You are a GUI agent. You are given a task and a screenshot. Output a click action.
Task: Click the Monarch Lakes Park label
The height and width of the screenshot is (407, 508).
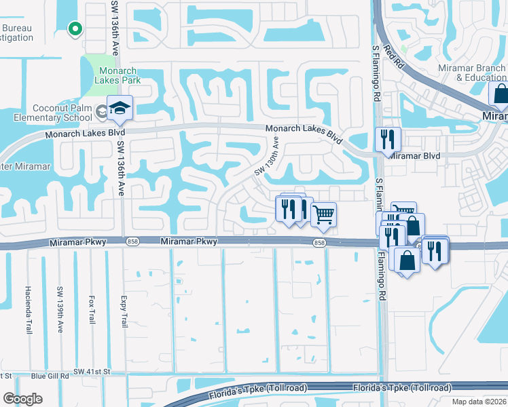pos(118,75)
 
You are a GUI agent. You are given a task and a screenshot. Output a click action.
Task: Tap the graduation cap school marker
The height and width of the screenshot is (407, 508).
pos(120,109)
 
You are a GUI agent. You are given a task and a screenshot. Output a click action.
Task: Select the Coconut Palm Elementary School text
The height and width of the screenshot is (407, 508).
pos(61,113)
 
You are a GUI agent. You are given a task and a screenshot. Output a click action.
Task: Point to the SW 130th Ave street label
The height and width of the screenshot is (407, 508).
pos(267,158)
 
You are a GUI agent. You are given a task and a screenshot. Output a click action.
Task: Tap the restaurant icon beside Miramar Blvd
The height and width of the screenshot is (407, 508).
pos(388,140)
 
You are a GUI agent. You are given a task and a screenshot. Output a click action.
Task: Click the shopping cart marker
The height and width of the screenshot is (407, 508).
pos(324,214)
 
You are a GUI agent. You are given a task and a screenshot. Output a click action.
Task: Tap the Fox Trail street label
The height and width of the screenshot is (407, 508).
pos(92,309)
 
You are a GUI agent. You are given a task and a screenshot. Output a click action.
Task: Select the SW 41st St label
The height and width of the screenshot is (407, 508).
pos(92,372)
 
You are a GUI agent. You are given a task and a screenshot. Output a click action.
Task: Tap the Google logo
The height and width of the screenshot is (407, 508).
pos(22,399)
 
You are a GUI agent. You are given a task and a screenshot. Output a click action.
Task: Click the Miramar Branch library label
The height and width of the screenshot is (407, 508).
pos(480,73)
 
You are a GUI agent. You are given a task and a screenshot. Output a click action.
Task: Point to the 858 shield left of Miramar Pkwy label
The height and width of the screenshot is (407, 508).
pos(133,242)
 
